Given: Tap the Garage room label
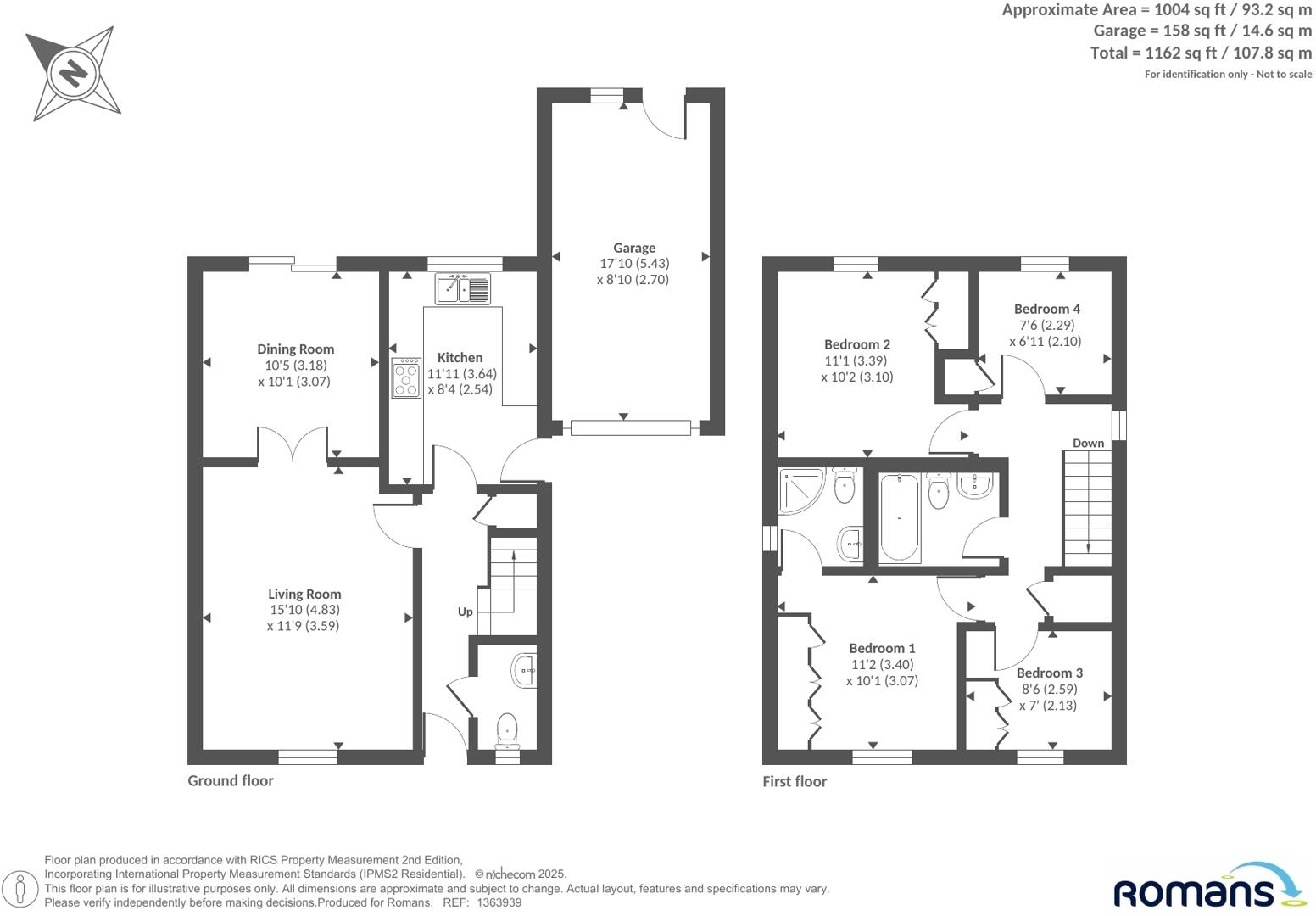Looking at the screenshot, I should click(634, 248).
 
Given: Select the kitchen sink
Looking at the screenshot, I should click(462, 288).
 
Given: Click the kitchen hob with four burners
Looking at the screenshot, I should click(406, 378).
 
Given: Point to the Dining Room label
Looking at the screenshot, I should click(295, 349).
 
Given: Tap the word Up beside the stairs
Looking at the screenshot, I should click(465, 612).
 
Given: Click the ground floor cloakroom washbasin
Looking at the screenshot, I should click(525, 670).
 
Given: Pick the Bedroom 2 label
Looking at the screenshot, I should click(856, 344).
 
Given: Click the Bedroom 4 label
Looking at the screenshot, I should click(1046, 309).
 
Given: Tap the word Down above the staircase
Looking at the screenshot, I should click(1088, 443).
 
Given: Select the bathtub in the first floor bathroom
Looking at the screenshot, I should click(899, 517).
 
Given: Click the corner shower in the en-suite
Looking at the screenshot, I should click(800, 490).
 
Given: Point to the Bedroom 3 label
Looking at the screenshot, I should click(1049, 673).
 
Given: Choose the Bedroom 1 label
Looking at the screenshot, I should click(882, 649).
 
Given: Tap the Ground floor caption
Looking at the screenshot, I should click(231, 780).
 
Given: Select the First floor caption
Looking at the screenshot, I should click(794, 781).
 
